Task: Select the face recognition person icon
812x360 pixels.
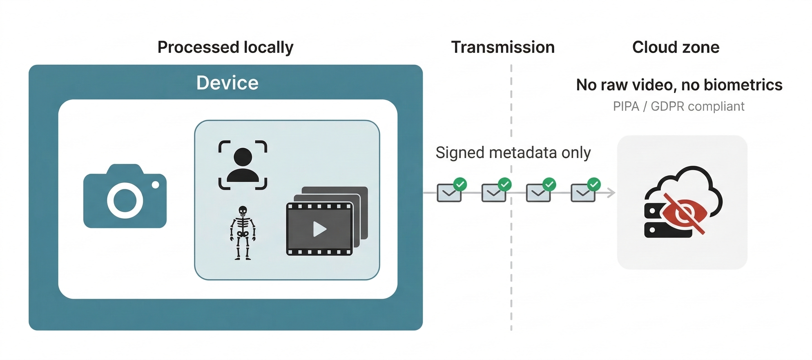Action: point(243,165)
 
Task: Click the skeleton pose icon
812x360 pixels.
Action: point(243,233)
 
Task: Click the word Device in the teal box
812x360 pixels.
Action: point(227,83)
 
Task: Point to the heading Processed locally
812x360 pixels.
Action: point(225,47)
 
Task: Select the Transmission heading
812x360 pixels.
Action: point(503,47)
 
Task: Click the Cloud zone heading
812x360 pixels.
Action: point(676,47)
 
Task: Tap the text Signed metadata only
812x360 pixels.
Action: point(513,153)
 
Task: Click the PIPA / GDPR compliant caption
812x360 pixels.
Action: point(678,106)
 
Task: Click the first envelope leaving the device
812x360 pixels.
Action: point(449,193)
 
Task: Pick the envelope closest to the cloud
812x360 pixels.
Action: point(583,193)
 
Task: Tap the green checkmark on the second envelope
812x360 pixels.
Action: point(505,184)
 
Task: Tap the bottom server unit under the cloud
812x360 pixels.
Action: point(665,230)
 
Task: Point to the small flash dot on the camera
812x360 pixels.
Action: point(155,185)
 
